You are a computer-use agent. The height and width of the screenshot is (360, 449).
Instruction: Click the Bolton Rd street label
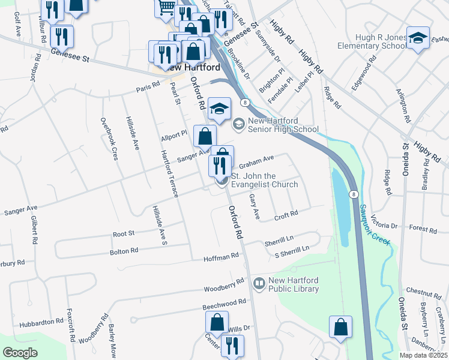tap(125, 250)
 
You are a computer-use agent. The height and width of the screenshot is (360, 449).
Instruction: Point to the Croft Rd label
tap(286, 214)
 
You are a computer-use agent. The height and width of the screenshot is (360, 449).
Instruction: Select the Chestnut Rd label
tap(423, 293)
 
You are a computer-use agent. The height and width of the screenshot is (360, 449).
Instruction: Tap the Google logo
tap(20, 353)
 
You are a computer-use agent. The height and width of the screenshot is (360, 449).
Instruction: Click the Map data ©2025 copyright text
tap(423, 355)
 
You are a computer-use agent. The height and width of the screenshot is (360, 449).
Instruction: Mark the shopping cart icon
tap(166, 8)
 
